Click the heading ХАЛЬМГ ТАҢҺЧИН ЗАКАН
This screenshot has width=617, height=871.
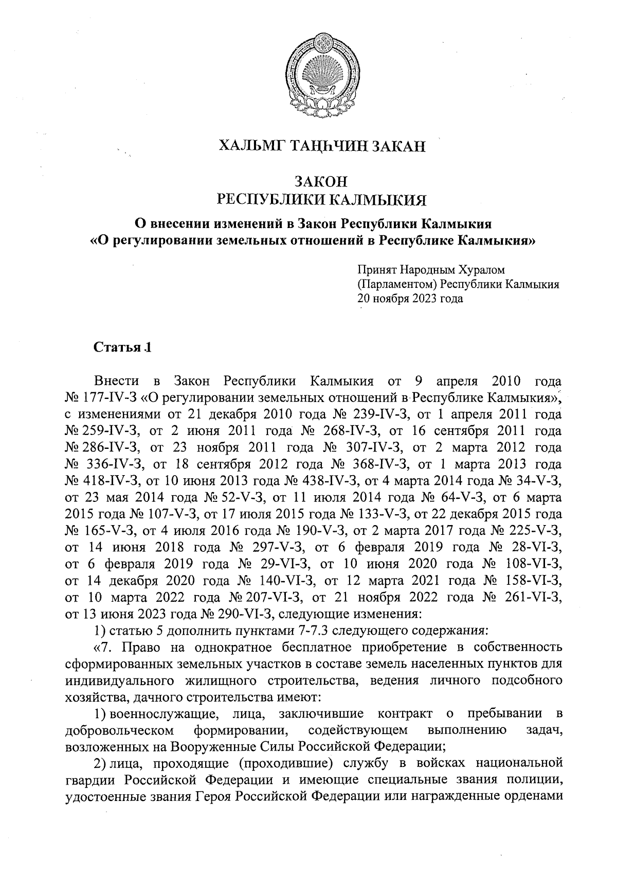322,146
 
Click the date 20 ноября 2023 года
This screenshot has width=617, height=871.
410,299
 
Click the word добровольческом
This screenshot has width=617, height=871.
121,730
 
